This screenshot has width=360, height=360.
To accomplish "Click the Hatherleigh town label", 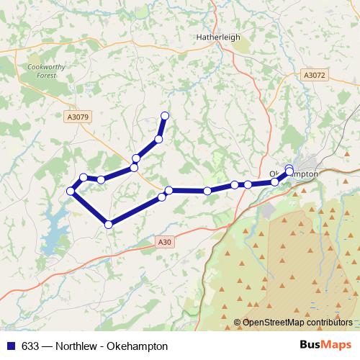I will tap(217, 37).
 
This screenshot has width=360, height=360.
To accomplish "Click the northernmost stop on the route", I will tap(165, 115).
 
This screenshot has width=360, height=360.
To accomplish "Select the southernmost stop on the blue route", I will tap(109, 225).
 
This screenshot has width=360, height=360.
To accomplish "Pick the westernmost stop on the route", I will tap(71, 191).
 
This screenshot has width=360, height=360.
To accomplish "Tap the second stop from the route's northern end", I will tap(158, 138).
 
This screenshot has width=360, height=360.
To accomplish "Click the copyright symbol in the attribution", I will tap(237, 323).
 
